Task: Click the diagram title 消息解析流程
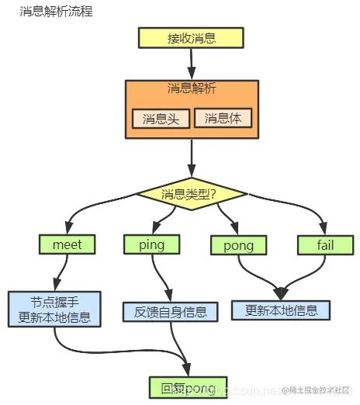click(x=56, y=13)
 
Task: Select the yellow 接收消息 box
click(x=191, y=38)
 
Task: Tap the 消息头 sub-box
click(x=160, y=119)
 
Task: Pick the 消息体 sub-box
click(x=223, y=119)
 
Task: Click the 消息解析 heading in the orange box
click(x=191, y=89)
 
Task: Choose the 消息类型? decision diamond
click(x=191, y=193)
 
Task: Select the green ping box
click(x=152, y=244)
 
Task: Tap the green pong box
click(x=237, y=245)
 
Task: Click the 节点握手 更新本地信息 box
click(x=54, y=308)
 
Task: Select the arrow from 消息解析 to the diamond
click(x=191, y=161)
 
